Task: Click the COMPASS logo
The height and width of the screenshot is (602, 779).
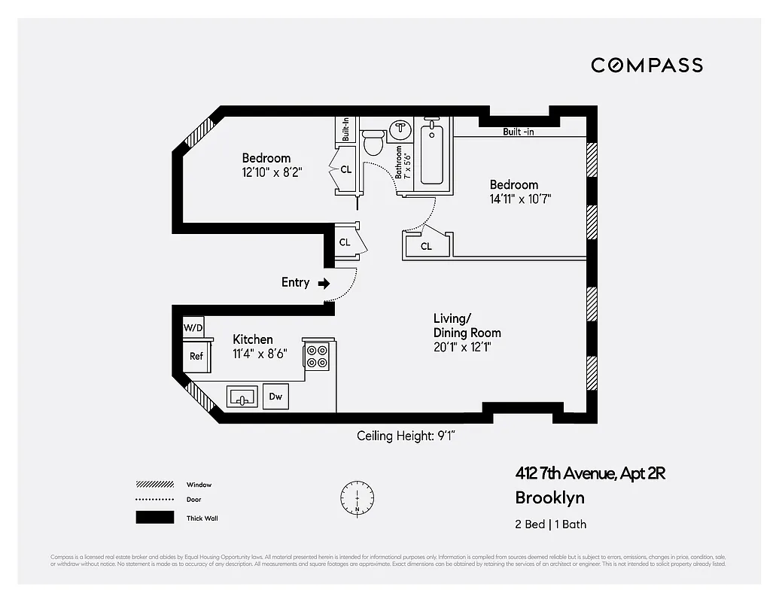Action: pos(647,65)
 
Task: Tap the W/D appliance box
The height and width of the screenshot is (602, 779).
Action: pos(193,328)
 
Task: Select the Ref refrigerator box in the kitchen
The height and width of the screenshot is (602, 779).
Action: pos(196,357)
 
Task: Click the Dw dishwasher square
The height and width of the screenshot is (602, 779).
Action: pos(275,396)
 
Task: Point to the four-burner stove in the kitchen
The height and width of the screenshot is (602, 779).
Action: pos(317,356)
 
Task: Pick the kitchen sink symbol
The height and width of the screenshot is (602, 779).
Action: pos(242,397)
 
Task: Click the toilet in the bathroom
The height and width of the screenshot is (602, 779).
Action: pos(373,142)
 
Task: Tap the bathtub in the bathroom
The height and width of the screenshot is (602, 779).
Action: pos(431,154)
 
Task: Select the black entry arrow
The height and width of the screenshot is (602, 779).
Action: pos(324,284)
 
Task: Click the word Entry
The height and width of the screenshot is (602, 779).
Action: pos(295,283)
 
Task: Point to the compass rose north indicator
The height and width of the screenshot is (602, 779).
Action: pos(357,498)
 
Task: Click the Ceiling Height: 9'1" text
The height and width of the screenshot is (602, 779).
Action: pos(406,436)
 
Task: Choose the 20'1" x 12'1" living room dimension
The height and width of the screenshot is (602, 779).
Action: pos(462,347)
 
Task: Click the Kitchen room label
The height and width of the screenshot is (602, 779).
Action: pos(252,339)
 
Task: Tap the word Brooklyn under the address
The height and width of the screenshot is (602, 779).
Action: pos(549,497)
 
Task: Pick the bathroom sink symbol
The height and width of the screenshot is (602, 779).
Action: pos(400,130)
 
